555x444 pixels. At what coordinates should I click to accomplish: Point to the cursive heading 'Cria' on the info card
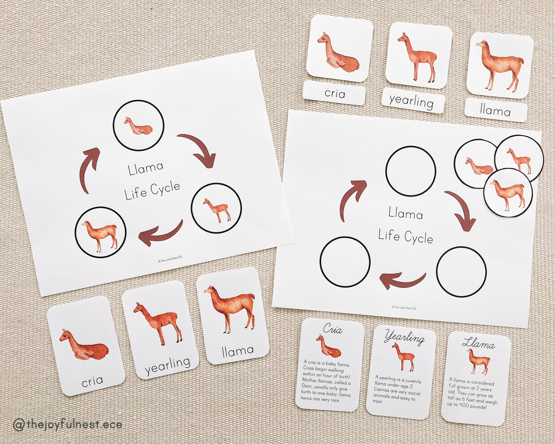point(332,329)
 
